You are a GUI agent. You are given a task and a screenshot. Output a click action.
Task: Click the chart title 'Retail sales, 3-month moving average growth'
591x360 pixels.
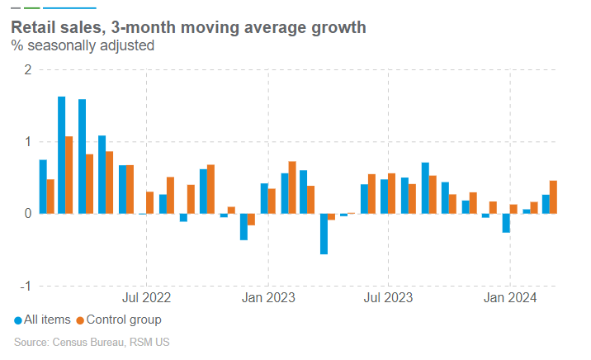click(188, 28)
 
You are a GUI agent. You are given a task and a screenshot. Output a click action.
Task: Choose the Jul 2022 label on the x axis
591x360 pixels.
click(146, 296)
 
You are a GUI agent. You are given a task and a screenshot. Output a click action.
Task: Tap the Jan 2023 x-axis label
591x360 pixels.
click(267, 296)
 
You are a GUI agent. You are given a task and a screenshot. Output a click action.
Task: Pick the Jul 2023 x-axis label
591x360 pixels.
click(388, 296)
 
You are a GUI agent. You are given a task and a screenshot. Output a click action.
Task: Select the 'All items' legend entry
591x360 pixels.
click(47, 320)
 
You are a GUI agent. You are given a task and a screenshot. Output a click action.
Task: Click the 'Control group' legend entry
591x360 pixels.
click(123, 320)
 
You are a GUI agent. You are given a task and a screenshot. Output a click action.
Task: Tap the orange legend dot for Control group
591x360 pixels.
click(80, 320)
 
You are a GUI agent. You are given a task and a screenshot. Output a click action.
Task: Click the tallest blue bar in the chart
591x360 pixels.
click(62, 155)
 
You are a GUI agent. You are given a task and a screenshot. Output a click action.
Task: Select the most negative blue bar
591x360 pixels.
click(324, 234)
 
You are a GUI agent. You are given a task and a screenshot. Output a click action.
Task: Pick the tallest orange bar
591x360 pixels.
click(69, 175)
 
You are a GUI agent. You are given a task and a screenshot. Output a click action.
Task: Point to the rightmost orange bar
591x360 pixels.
click(554, 197)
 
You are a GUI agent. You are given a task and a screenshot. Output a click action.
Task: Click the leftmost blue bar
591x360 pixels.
click(43, 187)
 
